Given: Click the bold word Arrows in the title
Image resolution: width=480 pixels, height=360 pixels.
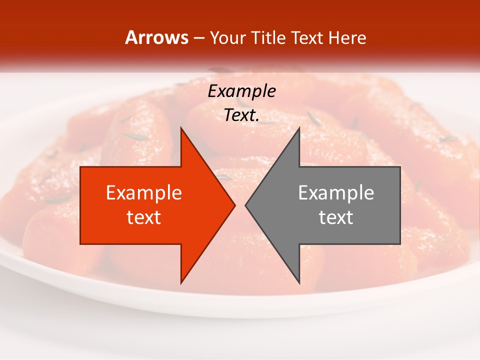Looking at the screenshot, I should (157, 37).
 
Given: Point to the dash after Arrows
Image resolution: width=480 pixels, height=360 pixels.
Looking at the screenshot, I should (198, 38).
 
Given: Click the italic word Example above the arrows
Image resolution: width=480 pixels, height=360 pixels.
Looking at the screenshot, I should (241, 91).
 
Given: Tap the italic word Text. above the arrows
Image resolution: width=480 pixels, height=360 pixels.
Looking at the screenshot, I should (241, 115).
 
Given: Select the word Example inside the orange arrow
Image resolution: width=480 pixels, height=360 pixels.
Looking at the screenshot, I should (144, 192).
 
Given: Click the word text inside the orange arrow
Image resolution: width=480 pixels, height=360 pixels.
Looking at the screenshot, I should (144, 217).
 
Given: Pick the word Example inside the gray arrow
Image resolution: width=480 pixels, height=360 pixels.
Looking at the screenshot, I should (336, 192).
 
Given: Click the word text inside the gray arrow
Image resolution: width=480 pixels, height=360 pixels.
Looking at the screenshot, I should (336, 217).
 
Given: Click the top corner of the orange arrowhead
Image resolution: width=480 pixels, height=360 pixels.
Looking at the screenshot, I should (181, 128).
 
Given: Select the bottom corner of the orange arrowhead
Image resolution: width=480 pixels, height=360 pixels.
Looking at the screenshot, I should (181, 283).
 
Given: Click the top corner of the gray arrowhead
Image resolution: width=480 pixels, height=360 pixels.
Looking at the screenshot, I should (299, 128).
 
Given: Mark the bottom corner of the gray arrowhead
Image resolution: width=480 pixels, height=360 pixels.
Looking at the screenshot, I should (299, 283).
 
